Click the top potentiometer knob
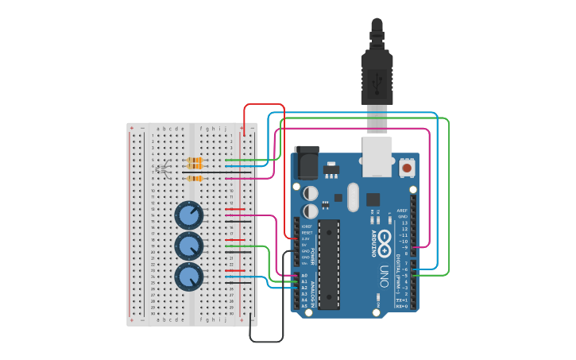pos(188,215)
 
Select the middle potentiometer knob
pos(188,246)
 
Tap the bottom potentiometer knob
pos(188,277)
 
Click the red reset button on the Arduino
pos(407,167)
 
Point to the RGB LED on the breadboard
pos(162,168)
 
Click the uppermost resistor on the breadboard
pos(193,161)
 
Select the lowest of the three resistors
pos(193,179)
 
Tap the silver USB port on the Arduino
pos(378,155)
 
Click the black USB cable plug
pos(377,75)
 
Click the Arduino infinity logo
pos(384,238)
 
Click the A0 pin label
pos(304,275)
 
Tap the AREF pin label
pos(402,211)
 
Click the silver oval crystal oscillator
pos(352,196)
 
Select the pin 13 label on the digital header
pos(404,223)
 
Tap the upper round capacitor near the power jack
pos(311,193)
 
